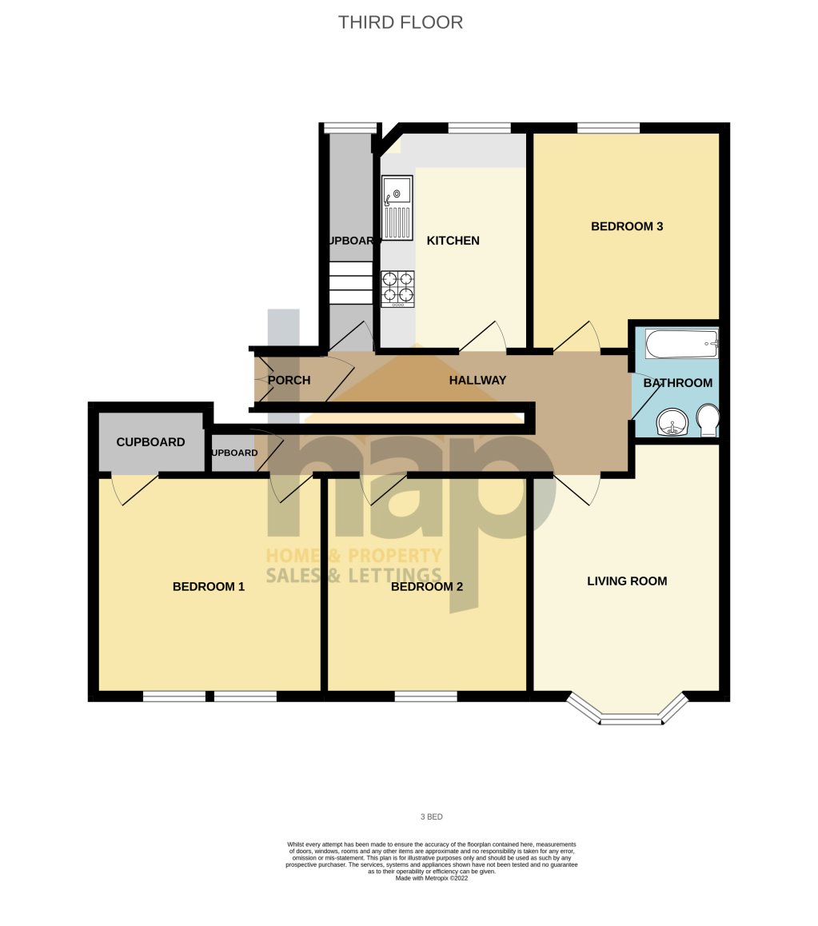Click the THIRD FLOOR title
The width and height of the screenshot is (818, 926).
tap(400, 22)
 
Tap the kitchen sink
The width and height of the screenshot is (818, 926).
tap(397, 207)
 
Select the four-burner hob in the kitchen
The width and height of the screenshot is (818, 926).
tap(397, 289)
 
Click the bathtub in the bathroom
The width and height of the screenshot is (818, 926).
tap(681, 345)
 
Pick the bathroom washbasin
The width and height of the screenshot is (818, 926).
tap(671, 421)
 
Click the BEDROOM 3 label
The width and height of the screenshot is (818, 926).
tap(627, 226)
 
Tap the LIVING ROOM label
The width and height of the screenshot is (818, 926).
tap(627, 581)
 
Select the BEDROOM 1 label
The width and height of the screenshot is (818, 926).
tap(209, 587)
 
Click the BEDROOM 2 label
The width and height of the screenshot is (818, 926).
tap(427, 587)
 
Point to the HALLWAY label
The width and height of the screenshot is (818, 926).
tap(477, 381)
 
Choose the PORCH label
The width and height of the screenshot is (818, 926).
tap(289, 381)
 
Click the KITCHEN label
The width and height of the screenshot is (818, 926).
tap(453, 241)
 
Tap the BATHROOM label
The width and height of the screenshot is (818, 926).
tap(678, 383)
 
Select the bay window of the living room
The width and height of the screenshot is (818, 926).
tap(628, 713)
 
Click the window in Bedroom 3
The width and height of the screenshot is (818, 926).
tap(609, 127)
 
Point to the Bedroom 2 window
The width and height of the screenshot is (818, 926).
tap(426, 696)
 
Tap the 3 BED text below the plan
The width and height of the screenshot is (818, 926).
tap(432, 817)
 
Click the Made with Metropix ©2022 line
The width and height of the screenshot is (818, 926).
tap(432, 878)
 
